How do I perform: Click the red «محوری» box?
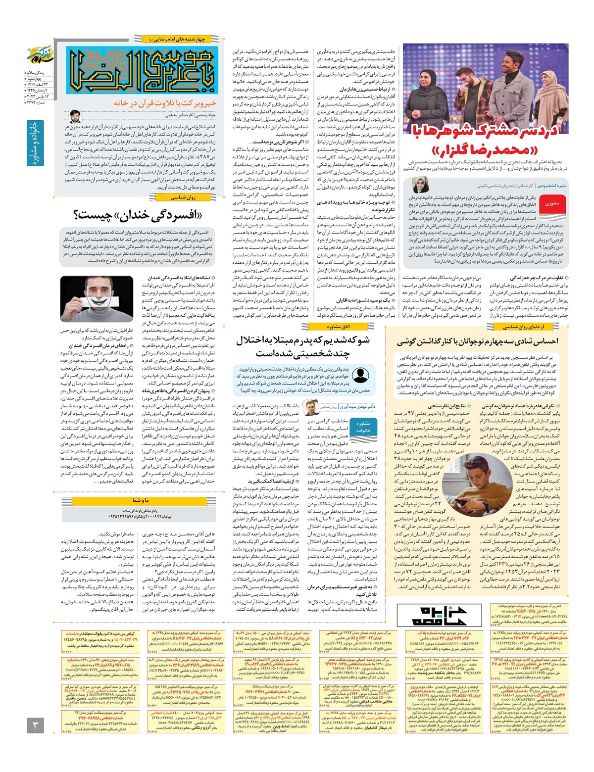click(551, 203)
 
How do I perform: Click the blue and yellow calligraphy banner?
click(143, 70)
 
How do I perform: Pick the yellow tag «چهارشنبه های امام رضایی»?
click(177, 39)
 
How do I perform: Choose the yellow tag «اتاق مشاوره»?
click(338, 327)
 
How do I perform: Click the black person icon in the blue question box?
click(360, 375)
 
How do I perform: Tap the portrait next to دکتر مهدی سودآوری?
click(310, 407)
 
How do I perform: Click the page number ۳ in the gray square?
click(35, 726)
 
